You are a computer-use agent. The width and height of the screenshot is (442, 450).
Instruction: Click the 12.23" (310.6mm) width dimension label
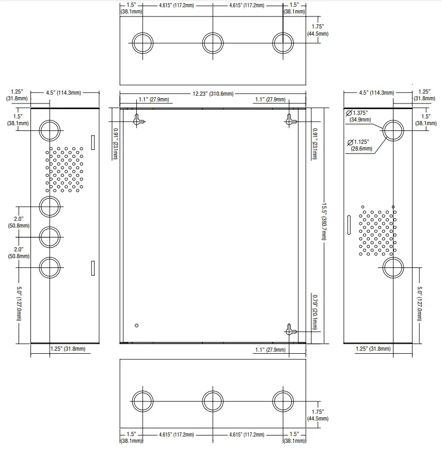click(x=213, y=94)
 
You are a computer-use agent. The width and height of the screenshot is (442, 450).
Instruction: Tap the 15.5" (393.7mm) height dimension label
click(x=324, y=221)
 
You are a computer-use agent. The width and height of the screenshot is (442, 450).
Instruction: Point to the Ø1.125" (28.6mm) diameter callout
click(x=360, y=145)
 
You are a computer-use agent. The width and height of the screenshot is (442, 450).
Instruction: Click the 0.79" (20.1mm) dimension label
click(x=315, y=312)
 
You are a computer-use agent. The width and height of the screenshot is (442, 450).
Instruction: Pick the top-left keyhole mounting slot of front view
click(x=138, y=120)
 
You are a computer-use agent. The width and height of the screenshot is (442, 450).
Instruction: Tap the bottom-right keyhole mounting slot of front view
click(x=291, y=331)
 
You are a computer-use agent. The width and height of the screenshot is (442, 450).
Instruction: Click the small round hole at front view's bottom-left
click(x=137, y=325)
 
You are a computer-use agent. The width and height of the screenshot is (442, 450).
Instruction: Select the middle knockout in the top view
click(x=213, y=43)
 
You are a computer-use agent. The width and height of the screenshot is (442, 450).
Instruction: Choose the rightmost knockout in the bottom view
click(x=283, y=401)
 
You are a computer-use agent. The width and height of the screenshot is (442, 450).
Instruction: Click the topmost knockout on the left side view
click(x=50, y=130)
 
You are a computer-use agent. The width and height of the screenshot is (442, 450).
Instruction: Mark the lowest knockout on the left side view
click(x=50, y=268)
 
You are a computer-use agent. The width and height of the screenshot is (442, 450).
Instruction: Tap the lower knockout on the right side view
click(x=393, y=268)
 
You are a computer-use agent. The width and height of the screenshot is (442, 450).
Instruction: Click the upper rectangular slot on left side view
click(x=93, y=142)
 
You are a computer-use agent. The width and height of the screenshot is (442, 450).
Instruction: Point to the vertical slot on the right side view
click(x=349, y=225)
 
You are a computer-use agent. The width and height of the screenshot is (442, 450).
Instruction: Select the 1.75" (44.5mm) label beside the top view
click(x=318, y=30)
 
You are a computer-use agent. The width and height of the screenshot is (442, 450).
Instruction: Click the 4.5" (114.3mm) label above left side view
click(x=64, y=93)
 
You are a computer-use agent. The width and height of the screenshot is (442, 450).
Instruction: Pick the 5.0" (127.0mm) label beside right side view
click(x=419, y=304)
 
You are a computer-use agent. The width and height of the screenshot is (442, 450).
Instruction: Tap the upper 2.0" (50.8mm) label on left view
click(x=19, y=222)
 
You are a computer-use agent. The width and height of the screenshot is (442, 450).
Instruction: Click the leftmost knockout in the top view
click(x=143, y=43)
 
